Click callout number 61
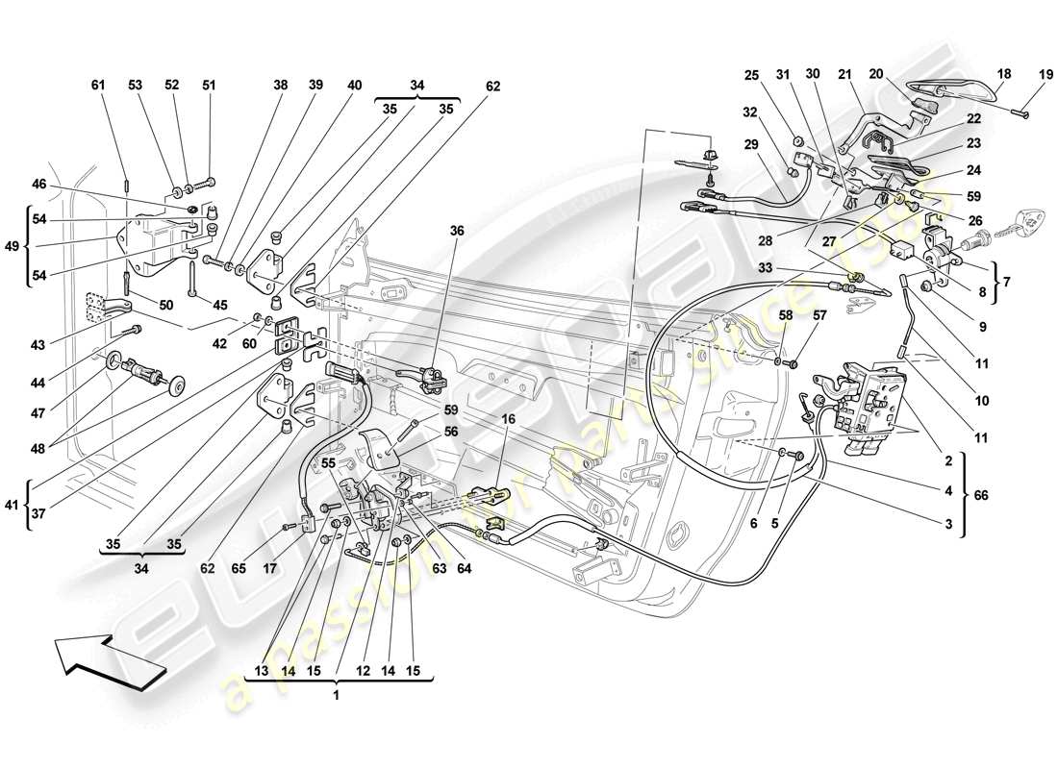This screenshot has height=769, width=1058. point(97,86)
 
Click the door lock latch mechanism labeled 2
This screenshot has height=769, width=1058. point(869,404)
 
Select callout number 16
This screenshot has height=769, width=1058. point(508,420)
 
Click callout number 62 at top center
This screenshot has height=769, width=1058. point(492,86)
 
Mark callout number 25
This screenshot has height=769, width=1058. point(752,74)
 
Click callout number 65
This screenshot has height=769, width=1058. point(239,568)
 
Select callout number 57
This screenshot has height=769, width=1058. point(820,314)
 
